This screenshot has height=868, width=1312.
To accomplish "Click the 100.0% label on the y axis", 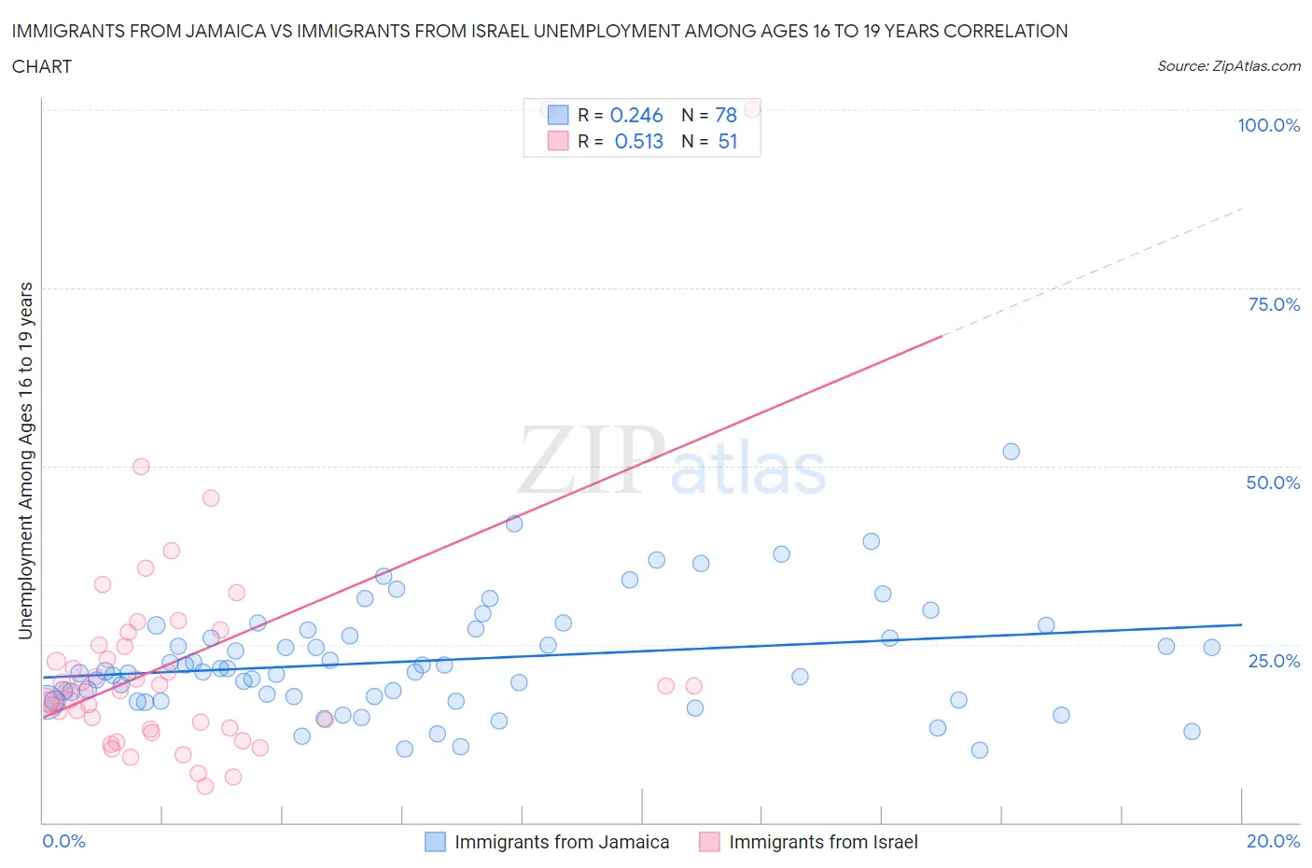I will [1268, 125].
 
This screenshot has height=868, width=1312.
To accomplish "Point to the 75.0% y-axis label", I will [1273, 304].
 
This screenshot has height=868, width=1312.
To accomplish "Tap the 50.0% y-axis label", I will [1273, 483].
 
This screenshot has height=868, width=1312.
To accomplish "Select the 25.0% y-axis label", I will [1273, 661].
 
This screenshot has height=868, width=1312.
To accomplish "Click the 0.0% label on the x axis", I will [63, 841].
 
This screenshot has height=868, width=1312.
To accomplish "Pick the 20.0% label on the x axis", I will [1273, 841].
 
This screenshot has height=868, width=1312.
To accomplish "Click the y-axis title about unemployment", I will [26, 460].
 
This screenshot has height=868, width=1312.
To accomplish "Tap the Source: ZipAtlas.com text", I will [1228, 65].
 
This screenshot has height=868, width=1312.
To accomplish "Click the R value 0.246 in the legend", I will [636, 115].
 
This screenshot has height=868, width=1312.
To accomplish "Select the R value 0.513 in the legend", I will [638, 141].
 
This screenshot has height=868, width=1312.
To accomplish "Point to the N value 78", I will [726, 115].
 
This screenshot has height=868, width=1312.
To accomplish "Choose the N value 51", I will [728, 141].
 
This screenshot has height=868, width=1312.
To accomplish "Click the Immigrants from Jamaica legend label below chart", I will [562, 842].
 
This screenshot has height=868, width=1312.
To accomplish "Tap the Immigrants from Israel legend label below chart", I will [823, 842].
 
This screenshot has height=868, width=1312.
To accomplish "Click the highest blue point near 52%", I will [1011, 452].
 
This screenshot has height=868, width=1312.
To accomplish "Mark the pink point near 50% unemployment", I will [141, 467].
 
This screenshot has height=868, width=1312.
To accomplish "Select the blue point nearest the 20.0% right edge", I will [1211, 648].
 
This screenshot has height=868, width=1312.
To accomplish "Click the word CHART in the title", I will [42, 66].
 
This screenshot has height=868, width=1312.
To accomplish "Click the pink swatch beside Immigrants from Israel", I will [709, 842].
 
